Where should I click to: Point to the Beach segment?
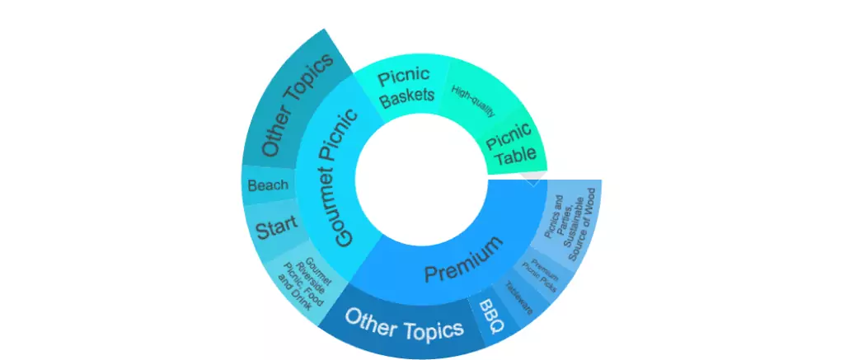point(268,185)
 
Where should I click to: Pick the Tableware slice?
point(520,298)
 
